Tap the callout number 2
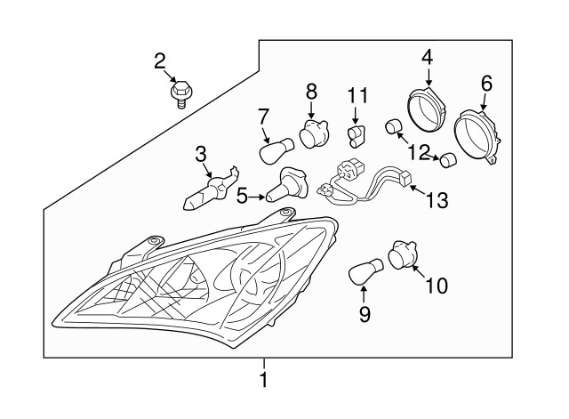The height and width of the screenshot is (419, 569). [x=160, y=61]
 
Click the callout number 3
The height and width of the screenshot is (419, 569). [x=201, y=156]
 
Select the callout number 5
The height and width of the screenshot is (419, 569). [x=242, y=194]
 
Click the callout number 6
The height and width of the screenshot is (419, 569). [x=485, y=84]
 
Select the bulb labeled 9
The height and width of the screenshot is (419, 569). [x=365, y=270]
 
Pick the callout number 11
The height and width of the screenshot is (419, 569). [x=357, y=94]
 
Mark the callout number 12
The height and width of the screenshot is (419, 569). [x=419, y=151]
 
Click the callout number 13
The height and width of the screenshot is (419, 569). [x=438, y=201]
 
